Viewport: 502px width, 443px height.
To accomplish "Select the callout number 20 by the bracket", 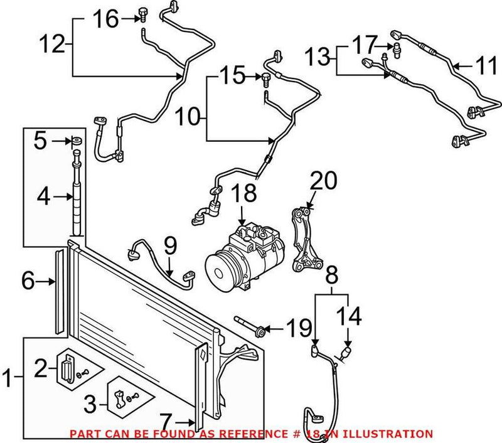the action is point(324,182).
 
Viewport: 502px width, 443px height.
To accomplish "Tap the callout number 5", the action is point(40,141).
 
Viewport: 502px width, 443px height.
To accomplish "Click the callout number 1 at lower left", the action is point(10,379).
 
